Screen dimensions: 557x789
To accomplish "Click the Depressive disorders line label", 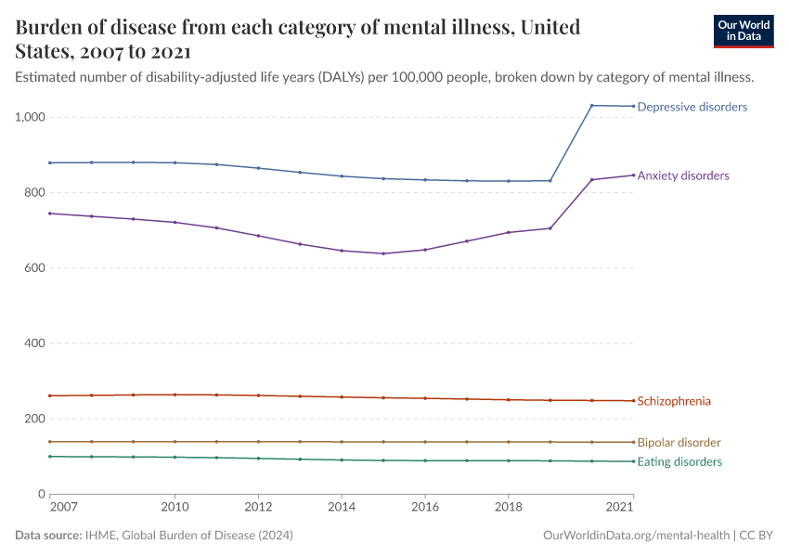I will pos(692,107).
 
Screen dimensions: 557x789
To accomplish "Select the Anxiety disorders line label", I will pos(682,175).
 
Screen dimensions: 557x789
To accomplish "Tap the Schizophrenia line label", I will pos(674,401).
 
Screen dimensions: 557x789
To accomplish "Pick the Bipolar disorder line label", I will pos(679,443).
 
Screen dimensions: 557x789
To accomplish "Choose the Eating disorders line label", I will pos(679,461).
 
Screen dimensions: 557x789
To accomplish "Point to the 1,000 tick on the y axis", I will pos(30,117).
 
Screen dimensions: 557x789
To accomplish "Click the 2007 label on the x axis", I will pos(62,508).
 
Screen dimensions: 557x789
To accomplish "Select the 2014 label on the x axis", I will pos(342,508).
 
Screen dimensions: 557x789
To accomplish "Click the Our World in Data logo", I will pos(743,31).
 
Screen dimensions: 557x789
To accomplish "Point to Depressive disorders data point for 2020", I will pos(591,105).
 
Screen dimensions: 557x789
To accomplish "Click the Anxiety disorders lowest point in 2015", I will pos(383,253).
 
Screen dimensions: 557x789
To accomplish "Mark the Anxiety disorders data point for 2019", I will pos(550,228).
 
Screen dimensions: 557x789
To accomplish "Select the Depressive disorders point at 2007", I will pos(49,162).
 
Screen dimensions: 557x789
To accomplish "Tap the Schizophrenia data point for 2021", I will pos(633,401).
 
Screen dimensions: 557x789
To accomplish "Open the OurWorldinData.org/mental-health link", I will pos(636,536).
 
